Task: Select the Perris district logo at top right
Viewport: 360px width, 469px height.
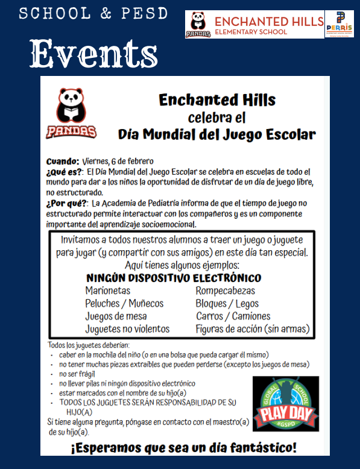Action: click(x=340, y=25)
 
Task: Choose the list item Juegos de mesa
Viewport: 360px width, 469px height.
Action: click(x=116, y=316)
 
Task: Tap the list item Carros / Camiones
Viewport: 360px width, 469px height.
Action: click(x=233, y=316)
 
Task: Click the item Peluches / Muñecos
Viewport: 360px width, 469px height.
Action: click(x=124, y=304)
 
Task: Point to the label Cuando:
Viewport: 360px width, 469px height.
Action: click(x=62, y=162)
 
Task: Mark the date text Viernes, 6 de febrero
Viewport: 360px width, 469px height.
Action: click(x=118, y=162)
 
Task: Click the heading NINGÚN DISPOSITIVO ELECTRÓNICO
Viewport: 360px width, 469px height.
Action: click(x=174, y=279)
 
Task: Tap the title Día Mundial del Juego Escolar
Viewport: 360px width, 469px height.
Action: click(x=216, y=134)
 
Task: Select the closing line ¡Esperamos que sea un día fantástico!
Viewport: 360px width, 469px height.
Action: click(x=183, y=448)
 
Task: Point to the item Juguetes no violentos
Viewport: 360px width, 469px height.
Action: click(x=127, y=329)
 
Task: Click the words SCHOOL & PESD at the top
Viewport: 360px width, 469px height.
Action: click(x=93, y=14)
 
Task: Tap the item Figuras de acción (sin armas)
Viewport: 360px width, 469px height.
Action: click(x=252, y=329)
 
